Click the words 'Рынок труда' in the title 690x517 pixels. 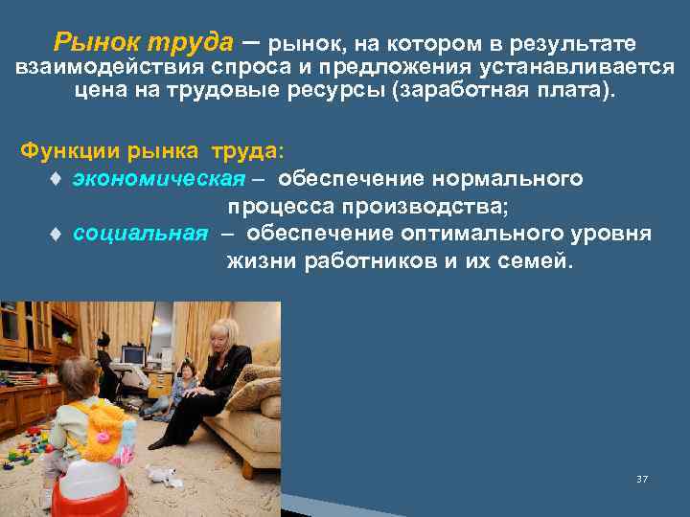coord(144,43)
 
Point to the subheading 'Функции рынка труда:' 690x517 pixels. coord(153,152)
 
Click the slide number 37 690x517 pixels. coord(641,478)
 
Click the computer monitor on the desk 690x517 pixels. coord(131,357)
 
